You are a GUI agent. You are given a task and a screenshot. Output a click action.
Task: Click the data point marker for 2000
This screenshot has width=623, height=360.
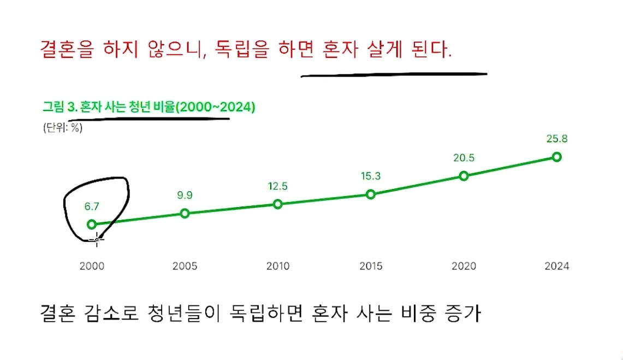point(92,224)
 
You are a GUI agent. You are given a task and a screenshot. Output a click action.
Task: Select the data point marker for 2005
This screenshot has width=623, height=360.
point(185,213)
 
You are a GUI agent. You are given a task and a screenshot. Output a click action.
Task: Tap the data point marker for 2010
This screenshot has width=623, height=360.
point(277,204)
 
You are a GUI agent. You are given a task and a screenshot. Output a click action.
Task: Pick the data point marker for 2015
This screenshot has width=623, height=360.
point(371,194)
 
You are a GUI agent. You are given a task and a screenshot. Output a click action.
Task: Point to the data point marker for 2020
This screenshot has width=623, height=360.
point(464,176)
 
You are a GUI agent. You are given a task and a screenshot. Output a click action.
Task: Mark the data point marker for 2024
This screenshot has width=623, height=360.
point(557,157)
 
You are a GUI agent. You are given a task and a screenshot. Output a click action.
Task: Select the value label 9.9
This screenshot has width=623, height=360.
point(185,195)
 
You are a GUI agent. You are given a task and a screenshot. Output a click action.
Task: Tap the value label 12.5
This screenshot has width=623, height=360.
point(277,186)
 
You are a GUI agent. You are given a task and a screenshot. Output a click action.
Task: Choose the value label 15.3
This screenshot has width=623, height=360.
point(371,176)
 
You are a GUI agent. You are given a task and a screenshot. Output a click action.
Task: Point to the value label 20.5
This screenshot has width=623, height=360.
point(464,158)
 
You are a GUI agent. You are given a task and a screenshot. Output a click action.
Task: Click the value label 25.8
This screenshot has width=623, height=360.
point(557,139)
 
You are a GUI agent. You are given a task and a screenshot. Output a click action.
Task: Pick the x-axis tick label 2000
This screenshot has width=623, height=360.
point(92,267)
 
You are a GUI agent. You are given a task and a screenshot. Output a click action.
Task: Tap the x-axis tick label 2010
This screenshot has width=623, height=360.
point(278,267)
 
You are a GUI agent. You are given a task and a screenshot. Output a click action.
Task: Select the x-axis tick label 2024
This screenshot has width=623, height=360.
point(557,267)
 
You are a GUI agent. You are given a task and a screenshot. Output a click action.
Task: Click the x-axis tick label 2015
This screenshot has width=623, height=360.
point(371,267)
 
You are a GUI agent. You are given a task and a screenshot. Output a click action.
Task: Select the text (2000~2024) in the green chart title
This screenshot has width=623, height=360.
point(216,107)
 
